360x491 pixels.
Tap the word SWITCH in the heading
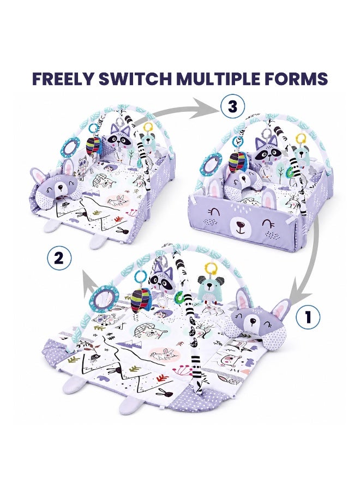(x=135, y=79)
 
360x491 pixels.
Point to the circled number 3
(x=232, y=107)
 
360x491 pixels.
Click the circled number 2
(x=59, y=258)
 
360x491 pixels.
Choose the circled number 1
(x=308, y=316)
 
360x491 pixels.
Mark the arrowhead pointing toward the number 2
(x=89, y=278)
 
